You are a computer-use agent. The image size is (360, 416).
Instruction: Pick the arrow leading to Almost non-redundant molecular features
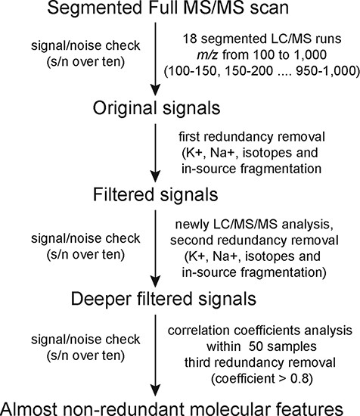point(156,348)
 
